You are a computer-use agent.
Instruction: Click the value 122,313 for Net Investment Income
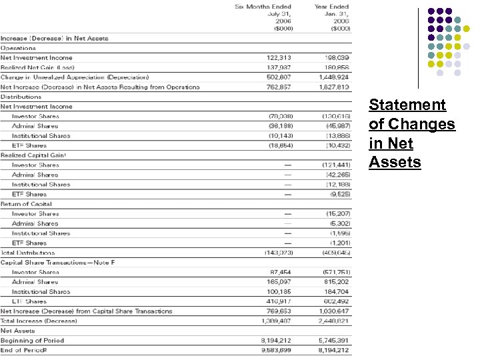coord(278,58)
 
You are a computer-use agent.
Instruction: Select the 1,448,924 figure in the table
coord(335,77)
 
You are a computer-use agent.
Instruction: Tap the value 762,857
coord(278,87)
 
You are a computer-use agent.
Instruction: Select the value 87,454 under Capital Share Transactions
coord(280,272)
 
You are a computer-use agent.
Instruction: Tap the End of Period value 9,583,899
coord(276,351)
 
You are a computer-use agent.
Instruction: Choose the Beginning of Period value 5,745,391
coord(335,341)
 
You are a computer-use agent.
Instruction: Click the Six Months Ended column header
coord(263,7)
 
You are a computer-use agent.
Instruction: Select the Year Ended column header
coord(331,7)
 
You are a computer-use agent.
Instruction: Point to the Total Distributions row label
coord(28,253)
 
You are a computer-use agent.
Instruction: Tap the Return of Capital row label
coord(26,204)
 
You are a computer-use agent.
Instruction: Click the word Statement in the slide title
coord(407,105)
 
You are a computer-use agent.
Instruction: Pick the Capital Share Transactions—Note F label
coord(57,263)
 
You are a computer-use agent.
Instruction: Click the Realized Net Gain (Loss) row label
coord(37,67)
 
